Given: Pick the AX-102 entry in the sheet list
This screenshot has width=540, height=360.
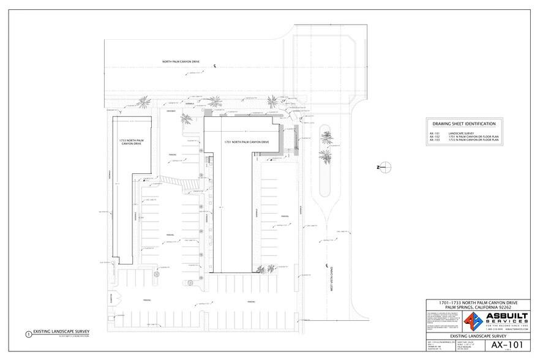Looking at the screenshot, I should (x=435, y=136).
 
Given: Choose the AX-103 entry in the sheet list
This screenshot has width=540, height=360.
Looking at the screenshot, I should (x=435, y=140).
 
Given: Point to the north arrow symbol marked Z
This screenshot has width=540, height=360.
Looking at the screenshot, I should (x=380, y=167).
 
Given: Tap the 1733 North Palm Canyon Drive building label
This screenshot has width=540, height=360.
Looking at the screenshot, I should (x=130, y=142).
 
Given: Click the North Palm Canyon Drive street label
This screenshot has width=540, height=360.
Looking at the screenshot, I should (x=182, y=62).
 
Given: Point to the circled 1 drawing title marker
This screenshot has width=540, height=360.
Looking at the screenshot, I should (x=28, y=334).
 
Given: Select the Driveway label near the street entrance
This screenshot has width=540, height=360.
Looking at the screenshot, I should (x=171, y=111).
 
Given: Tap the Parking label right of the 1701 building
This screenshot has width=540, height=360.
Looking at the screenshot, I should (x=285, y=217).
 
